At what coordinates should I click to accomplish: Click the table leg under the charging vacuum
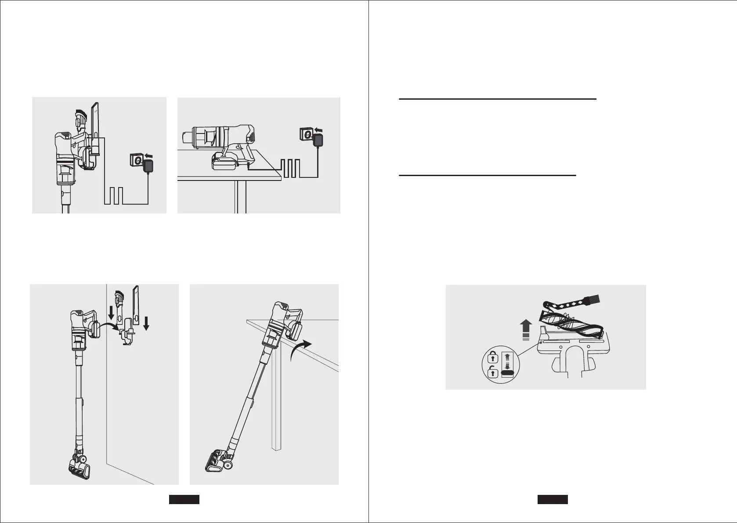point(240,197)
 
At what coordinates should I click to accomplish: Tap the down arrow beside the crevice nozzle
point(146,323)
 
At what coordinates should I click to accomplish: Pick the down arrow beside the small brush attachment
point(111,313)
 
